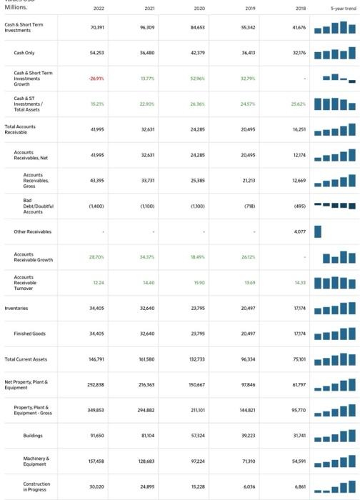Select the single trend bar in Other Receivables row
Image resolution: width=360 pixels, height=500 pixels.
(318, 231)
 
